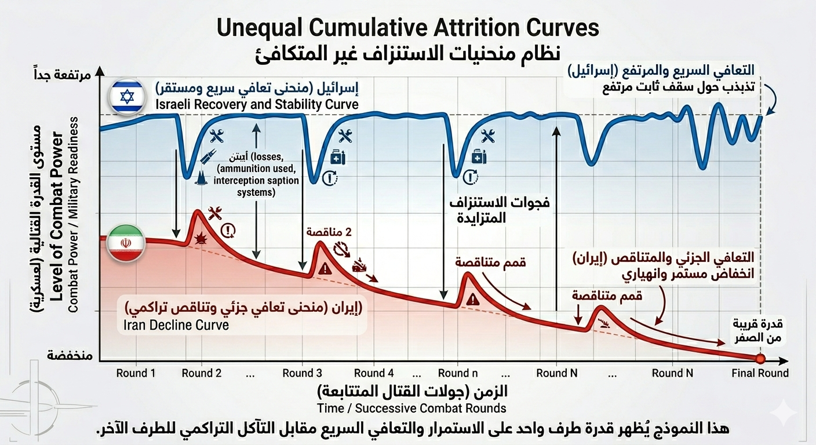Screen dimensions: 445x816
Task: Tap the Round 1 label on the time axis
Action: (x=136, y=373)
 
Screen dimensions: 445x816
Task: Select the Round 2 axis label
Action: (x=202, y=373)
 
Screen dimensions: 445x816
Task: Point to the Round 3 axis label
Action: (x=303, y=373)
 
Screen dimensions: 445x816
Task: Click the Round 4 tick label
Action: (x=374, y=373)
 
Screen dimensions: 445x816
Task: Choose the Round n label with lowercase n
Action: (x=458, y=373)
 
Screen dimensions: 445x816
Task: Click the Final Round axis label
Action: (x=760, y=373)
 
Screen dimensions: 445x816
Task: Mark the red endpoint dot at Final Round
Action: (x=760, y=359)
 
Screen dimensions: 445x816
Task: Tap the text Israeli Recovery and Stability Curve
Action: (x=257, y=105)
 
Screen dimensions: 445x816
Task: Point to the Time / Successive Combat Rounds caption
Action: (x=411, y=408)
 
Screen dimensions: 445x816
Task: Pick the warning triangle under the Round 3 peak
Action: (x=325, y=268)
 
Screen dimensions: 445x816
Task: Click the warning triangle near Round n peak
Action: (x=473, y=299)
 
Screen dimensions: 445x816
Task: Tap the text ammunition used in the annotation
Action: (x=257, y=169)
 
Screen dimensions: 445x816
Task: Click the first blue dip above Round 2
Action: (x=187, y=175)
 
